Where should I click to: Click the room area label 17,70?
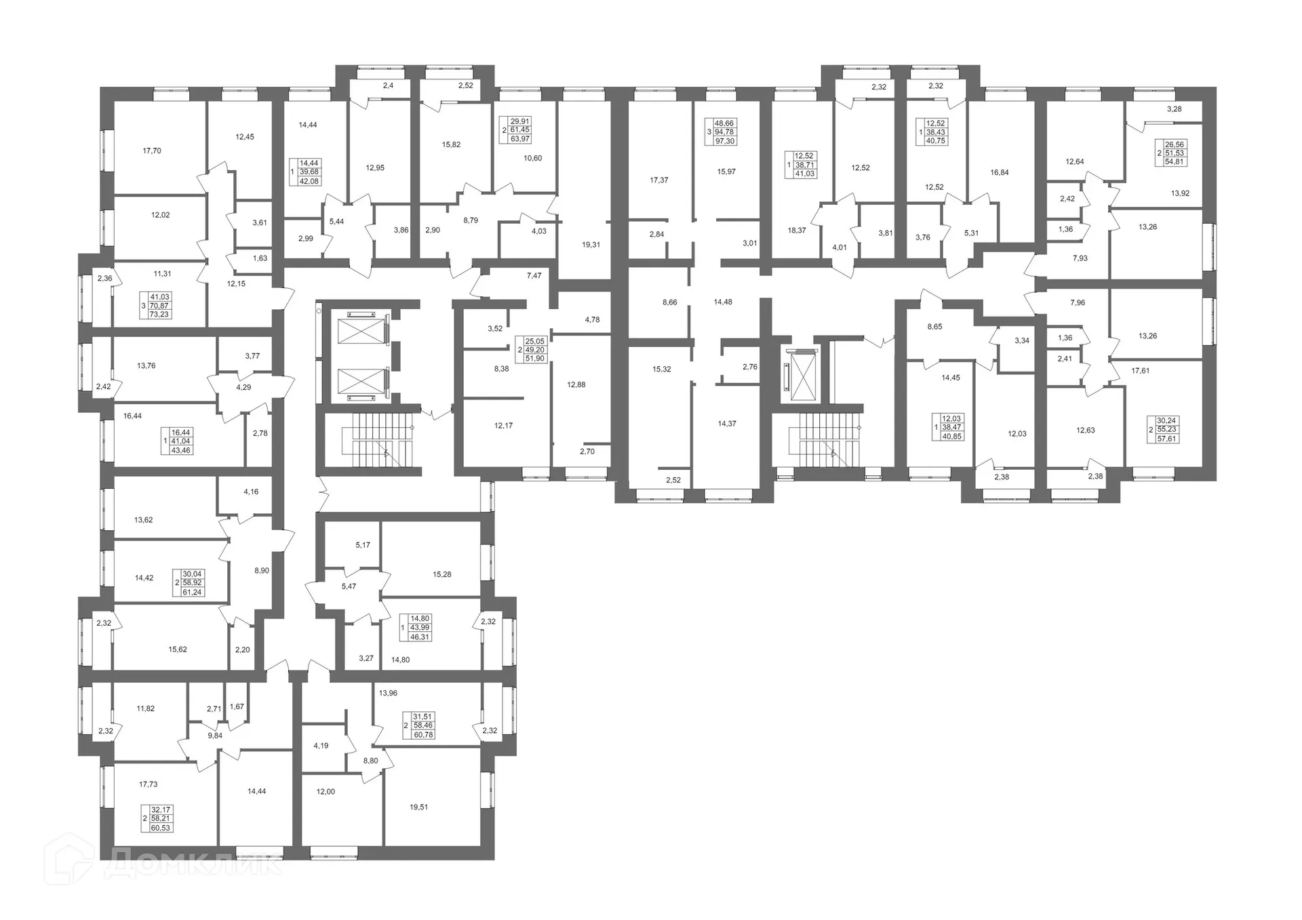(x=152, y=151)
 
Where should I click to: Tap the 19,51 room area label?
(x=418, y=807)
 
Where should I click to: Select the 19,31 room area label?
(x=591, y=245)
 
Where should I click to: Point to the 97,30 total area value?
(x=725, y=141)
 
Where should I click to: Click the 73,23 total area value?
(x=159, y=315)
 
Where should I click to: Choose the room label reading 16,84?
(x=1000, y=173)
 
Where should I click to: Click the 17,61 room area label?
(x=1140, y=371)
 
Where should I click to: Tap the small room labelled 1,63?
(x=260, y=258)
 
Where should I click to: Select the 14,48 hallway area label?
(x=723, y=302)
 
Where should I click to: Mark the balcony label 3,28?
(x=1174, y=109)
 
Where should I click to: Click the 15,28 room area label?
(x=441, y=574)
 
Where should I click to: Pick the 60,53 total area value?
(x=161, y=828)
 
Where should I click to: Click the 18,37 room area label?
(x=797, y=231)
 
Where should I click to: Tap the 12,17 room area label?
(x=503, y=426)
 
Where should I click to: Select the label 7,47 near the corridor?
(x=534, y=276)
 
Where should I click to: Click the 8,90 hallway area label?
(x=261, y=571)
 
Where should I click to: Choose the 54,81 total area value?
(x=1175, y=162)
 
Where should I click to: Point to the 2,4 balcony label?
(x=387, y=86)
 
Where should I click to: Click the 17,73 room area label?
(x=148, y=784)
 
